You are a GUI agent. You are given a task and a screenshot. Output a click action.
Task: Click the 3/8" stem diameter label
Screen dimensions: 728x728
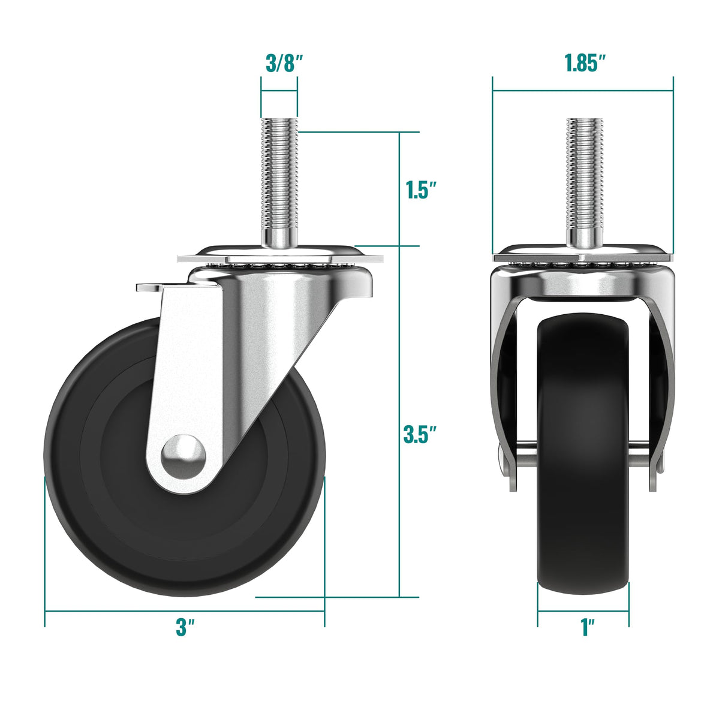284,62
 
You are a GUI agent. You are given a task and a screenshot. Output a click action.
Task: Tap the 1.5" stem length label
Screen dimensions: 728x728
420,190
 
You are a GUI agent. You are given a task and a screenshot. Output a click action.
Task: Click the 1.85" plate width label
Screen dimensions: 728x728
585,62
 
